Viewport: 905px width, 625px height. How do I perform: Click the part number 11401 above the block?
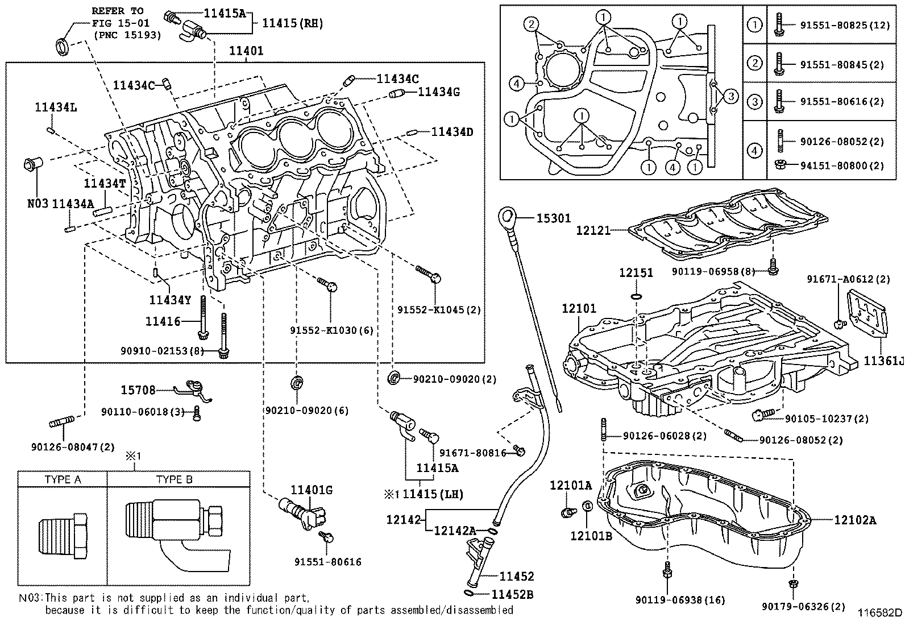tap(246, 51)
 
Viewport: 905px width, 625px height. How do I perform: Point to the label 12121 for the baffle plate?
tap(592, 230)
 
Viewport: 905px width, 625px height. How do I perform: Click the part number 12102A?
tap(855, 519)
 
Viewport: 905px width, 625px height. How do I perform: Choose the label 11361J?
tap(883, 361)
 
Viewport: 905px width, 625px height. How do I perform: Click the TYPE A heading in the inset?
tap(63, 479)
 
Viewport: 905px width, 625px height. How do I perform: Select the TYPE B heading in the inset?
tap(175, 479)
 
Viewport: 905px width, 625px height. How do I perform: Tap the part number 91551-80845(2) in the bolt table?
tap(842, 65)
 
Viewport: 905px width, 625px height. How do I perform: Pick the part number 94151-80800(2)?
tap(842, 166)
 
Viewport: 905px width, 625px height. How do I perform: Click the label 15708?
tap(138, 390)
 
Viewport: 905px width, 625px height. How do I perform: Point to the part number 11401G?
tap(312, 490)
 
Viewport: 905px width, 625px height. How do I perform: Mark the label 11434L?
tap(55, 106)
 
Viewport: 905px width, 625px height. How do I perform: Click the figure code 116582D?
tap(880, 612)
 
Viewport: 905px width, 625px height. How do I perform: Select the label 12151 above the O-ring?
tap(636, 273)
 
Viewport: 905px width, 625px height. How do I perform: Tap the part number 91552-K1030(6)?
tap(331, 330)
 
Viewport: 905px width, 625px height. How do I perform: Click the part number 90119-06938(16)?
tap(672, 600)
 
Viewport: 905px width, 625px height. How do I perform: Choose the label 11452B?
tap(512, 594)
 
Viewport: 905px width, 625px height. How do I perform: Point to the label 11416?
tap(163, 321)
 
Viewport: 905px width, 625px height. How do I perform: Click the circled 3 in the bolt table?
tap(754, 102)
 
